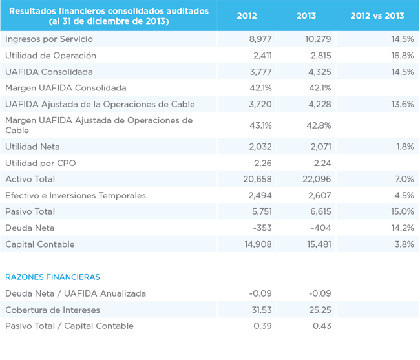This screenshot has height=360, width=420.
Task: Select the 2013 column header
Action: coord(306,16)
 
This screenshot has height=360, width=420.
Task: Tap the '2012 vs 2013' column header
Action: coord(377,16)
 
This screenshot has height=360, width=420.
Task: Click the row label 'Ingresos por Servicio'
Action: coord(49,39)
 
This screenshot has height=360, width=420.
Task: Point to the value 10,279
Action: coord(318,39)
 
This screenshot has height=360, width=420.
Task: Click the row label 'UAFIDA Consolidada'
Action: coord(49,72)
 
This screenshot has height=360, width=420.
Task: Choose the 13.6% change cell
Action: coord(403,104)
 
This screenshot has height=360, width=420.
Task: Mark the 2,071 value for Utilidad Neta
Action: coord(320,147)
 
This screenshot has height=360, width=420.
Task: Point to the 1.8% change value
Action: coord(404,147)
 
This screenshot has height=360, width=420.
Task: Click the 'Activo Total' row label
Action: coord(30,179)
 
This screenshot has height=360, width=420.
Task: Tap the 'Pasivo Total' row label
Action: coord(30,211)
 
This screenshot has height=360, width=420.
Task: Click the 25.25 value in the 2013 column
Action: coord(320,310)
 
